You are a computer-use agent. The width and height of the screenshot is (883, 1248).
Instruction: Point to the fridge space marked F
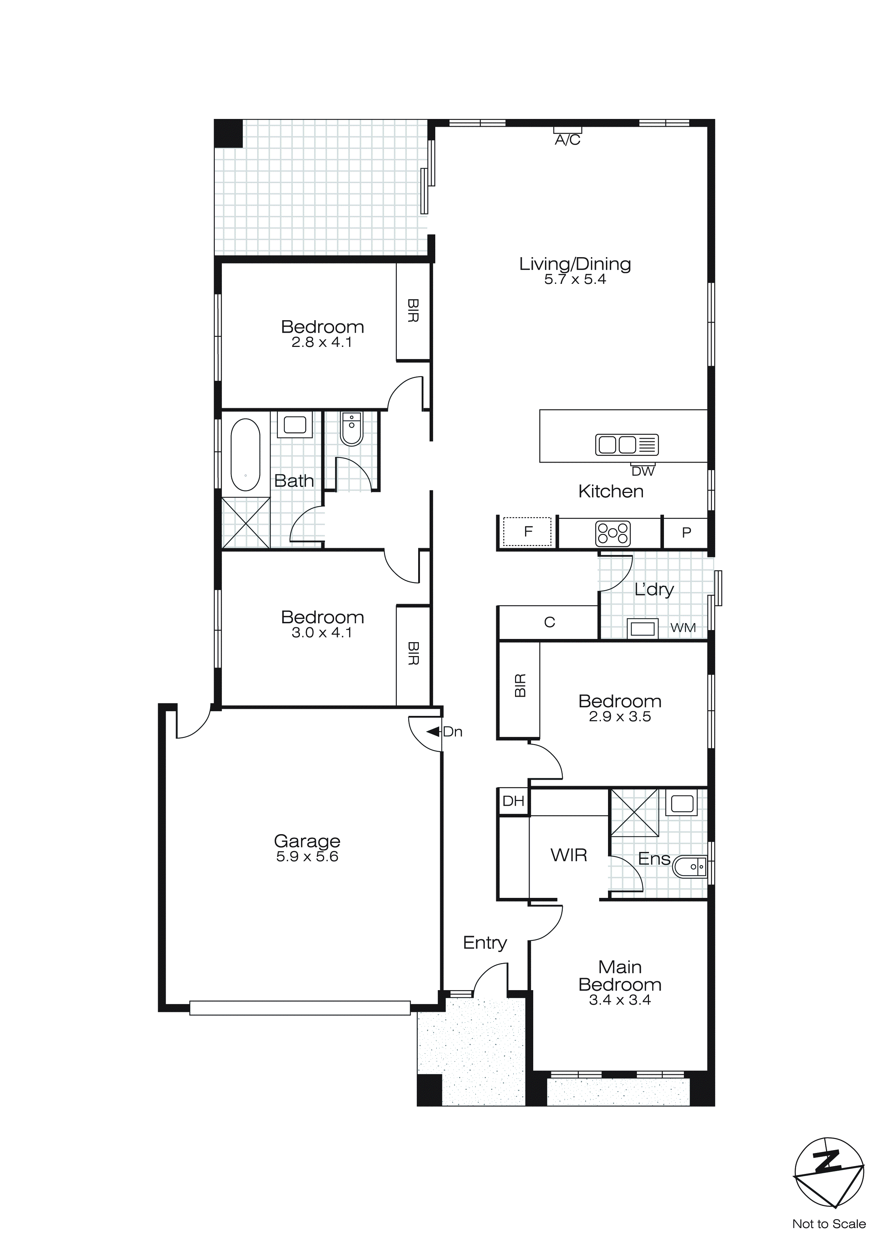pos(528,532)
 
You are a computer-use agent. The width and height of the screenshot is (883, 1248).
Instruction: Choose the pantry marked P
pos(686,533)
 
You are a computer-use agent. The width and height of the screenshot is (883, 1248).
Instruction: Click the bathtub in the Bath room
pos(245,454)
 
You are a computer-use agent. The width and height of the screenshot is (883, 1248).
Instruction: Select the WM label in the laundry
pos(683,628)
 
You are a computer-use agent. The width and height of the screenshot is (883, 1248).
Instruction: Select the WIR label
pos(569,855)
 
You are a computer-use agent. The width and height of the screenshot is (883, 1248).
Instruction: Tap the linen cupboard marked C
pos(549,622)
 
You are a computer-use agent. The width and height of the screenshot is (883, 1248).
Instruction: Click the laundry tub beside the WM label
pos(642,628)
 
